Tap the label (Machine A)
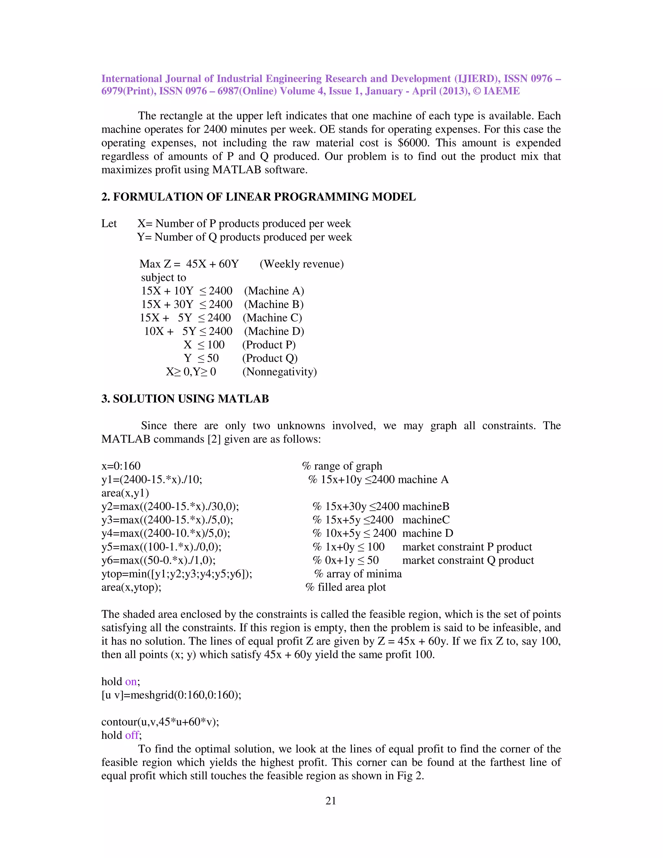274,291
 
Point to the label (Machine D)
274,331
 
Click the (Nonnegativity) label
279,372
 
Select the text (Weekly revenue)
301,264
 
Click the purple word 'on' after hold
131,681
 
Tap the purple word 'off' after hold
131,735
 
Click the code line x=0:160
121,466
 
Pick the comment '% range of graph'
342,466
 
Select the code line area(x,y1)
125,493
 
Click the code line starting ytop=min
177,574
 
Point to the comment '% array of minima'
358,574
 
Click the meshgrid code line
171,695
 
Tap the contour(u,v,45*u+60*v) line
160,722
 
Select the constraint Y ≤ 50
201,358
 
